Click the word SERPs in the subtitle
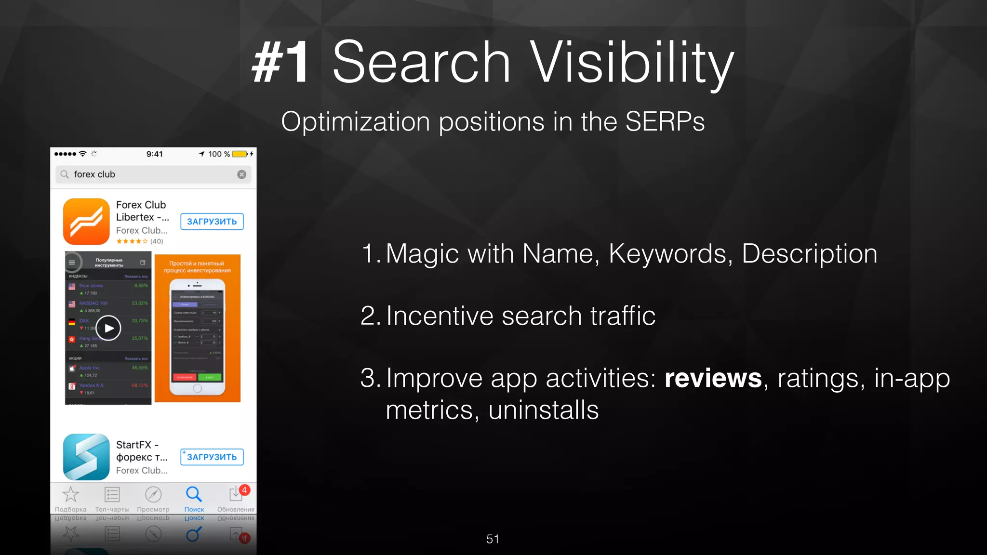(x=665, y=121)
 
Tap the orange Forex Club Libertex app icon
(x=86, y=222)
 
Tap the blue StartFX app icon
(x=86, y=457)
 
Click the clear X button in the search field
(x=242, y=174)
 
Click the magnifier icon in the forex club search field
(x=65, y=174)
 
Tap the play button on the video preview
(x=108, y=328)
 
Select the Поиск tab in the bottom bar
(x=194, y=498)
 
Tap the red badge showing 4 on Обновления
(x=244, y=490)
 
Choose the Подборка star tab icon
(x=71, y=494)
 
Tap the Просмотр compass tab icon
(x=153, y=494)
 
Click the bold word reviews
(x=713, y=378)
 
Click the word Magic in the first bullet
(x=422, y=253)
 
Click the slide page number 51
(x=493, y=539)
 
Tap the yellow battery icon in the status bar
(x=240, y=154)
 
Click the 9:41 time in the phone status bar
(x=155, y=154)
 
